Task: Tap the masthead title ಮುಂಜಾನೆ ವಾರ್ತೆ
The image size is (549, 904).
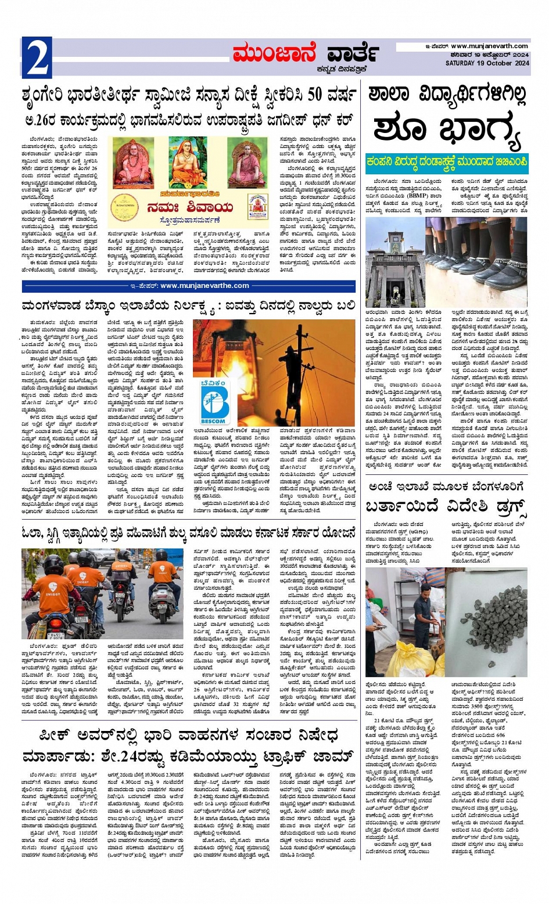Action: tap(306, 53)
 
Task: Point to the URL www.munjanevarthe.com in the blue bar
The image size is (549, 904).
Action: tap(204, 286)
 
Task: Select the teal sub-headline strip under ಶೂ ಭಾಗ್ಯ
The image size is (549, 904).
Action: tap(446, 164)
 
